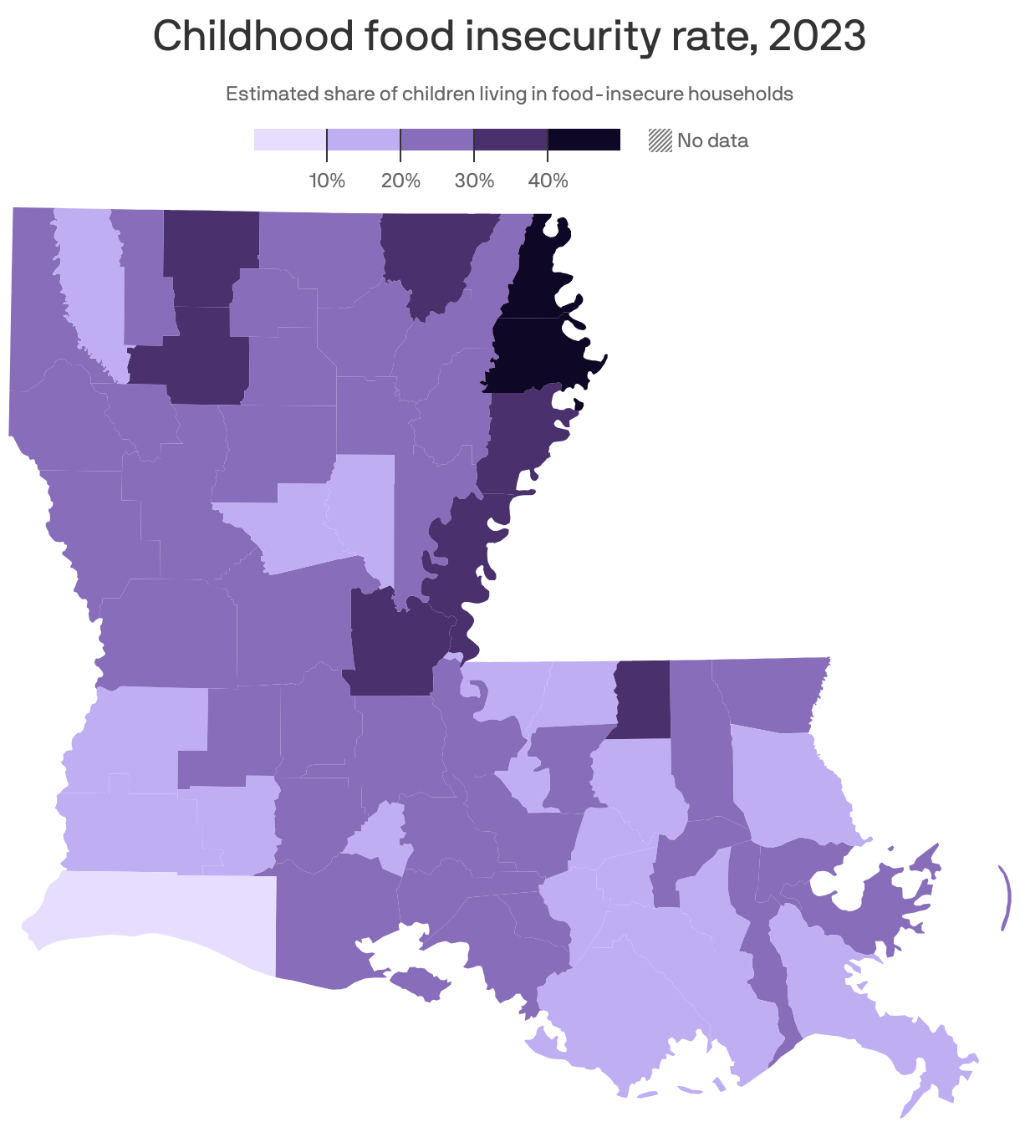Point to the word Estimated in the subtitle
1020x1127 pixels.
[x=272, y=94]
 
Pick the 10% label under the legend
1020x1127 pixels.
[x=327, y=181]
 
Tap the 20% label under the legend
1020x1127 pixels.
[x=400, y=181]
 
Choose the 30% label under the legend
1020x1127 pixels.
[x=474, y=181]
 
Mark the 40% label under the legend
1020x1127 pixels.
[x=548, y=181]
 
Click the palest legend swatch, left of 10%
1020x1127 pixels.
[x=289, y=140]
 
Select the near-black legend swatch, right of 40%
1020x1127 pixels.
[x=584, y=140]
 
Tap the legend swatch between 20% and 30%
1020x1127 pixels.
[x=437, y=140]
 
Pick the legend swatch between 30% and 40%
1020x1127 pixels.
[x=510, y=140]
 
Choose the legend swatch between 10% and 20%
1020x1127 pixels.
[x=363, y=140]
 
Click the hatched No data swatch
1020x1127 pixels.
[x=660, y=140]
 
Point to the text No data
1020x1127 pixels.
[x=712, y=140]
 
